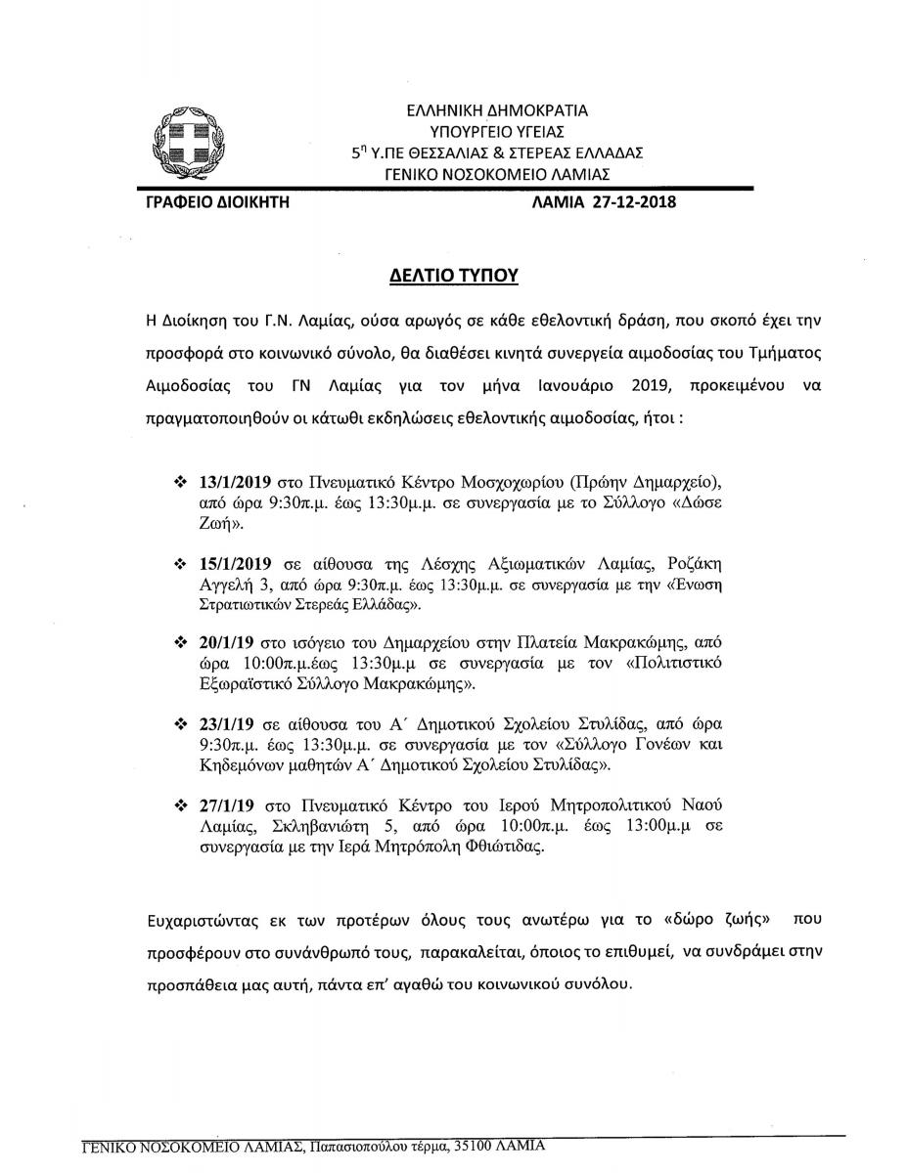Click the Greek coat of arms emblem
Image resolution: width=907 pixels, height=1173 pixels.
click(x=177, y=139)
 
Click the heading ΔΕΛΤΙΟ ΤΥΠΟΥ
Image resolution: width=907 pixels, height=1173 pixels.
click(x=453, y=276)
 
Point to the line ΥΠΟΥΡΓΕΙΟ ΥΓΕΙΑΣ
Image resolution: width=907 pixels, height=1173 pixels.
click(x=497, y=132)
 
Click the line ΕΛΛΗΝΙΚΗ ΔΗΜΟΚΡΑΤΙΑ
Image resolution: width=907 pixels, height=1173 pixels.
click(x=497, y=111)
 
